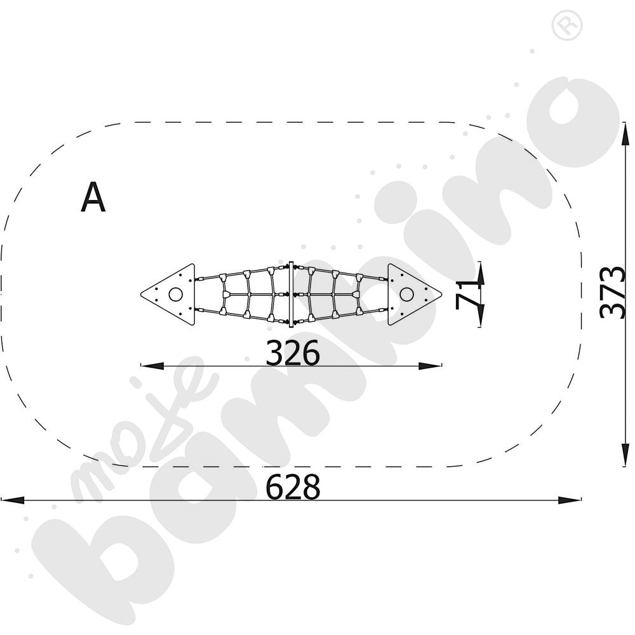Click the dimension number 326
tap(292, 352)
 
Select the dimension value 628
tap(292, 487)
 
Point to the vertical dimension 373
tap(612, 292)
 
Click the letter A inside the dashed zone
tap(93, 197)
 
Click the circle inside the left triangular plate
tap(176, 295)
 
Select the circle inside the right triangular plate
tap(406, 295)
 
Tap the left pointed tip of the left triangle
tap(140, 295)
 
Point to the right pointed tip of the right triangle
tap(442, 295)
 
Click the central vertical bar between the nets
tap(290, 295)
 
